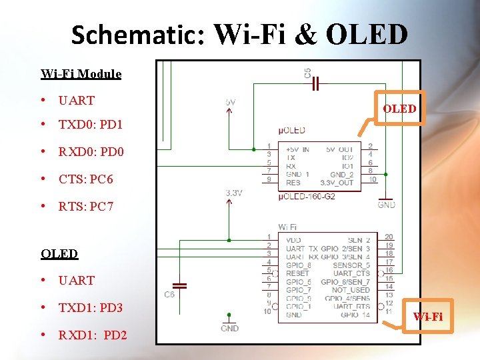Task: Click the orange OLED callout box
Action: (x=400, y=108)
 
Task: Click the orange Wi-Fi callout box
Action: (x=427, y=317)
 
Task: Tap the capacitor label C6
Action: (x=170, y=294)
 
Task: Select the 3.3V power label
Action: (x=233, y=193)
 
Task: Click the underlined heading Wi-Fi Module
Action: (x=81, y=74)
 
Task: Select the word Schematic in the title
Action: (x=137, y=35)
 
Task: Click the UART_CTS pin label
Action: (x=351, y=273)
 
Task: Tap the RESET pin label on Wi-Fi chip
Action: (x=297, y=273)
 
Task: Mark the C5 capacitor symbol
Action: (x=317, y=83)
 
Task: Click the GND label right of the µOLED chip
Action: (x=386, y=205)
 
